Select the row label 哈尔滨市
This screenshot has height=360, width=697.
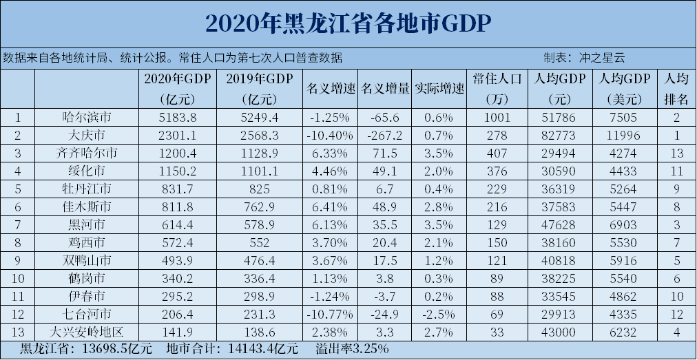point(86,118)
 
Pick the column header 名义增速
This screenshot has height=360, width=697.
point(330,89)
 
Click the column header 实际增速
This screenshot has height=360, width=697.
point(439,89)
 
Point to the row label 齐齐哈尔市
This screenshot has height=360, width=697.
point(86,152)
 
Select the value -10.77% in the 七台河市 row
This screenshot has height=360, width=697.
point(330,314)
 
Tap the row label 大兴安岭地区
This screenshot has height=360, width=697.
point(86,331)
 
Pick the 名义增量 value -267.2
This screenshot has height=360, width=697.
point(385,135)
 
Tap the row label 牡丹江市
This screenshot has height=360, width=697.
point(86,188)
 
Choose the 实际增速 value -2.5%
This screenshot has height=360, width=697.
point(439,314)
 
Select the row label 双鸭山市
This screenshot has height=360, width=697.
point(86,260)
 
